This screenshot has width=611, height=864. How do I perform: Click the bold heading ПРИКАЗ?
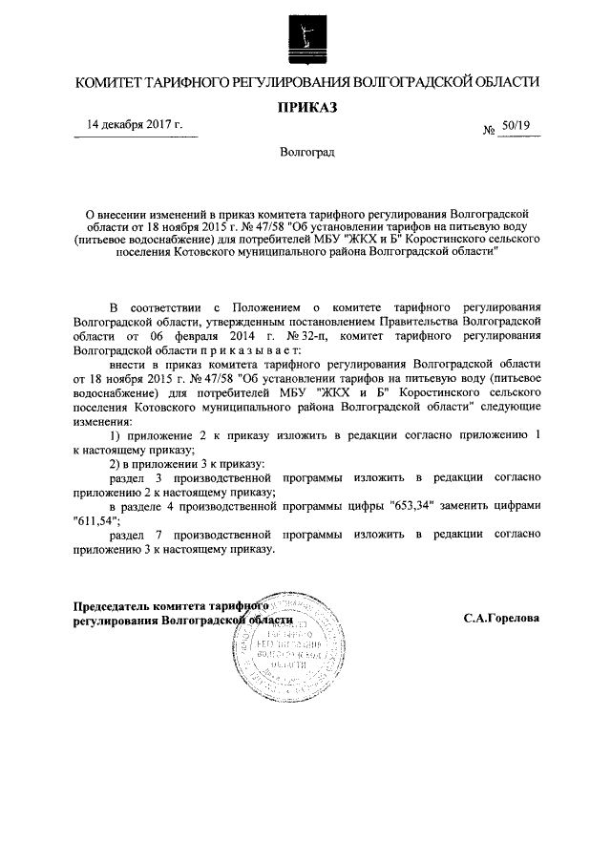(307, 109)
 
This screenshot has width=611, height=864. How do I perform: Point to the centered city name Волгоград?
(307, 153)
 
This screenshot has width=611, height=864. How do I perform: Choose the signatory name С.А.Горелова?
(501, 618)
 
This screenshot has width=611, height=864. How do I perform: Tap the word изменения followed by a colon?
(104, 421)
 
